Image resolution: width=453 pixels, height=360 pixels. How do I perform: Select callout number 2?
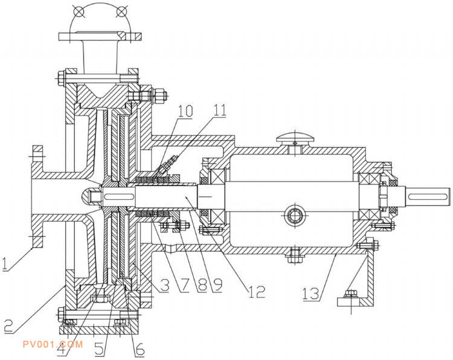[x=8, y=326]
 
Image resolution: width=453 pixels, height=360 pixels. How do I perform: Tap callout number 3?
[x=165, y=286]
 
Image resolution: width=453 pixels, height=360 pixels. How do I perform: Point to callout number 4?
[x=62, y=350]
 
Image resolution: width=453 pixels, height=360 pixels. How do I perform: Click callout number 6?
[x=140, y=350]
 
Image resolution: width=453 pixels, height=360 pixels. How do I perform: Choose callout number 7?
[x=184, y=286]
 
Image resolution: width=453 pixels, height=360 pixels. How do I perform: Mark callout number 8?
[x=202, y=286]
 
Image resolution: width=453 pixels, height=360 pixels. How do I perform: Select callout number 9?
[x=217, y=286]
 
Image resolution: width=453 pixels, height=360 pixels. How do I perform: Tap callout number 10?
[x=185, y=111]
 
